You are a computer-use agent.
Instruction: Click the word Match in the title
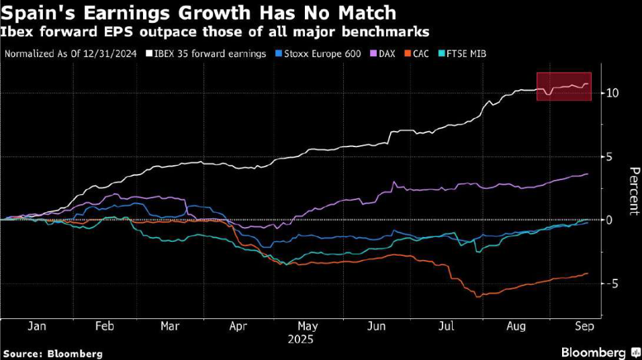[368, 13]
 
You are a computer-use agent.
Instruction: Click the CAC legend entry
[420, 52]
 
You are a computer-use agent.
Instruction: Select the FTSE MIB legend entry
[463, 52]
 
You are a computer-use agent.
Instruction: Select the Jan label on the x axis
[37, 326]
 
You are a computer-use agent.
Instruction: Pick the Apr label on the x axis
[238, 326]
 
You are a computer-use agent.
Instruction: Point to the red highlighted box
[563, 87]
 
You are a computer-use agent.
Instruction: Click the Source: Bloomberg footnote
[53, 353]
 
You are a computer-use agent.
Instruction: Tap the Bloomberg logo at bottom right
[598, 352]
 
